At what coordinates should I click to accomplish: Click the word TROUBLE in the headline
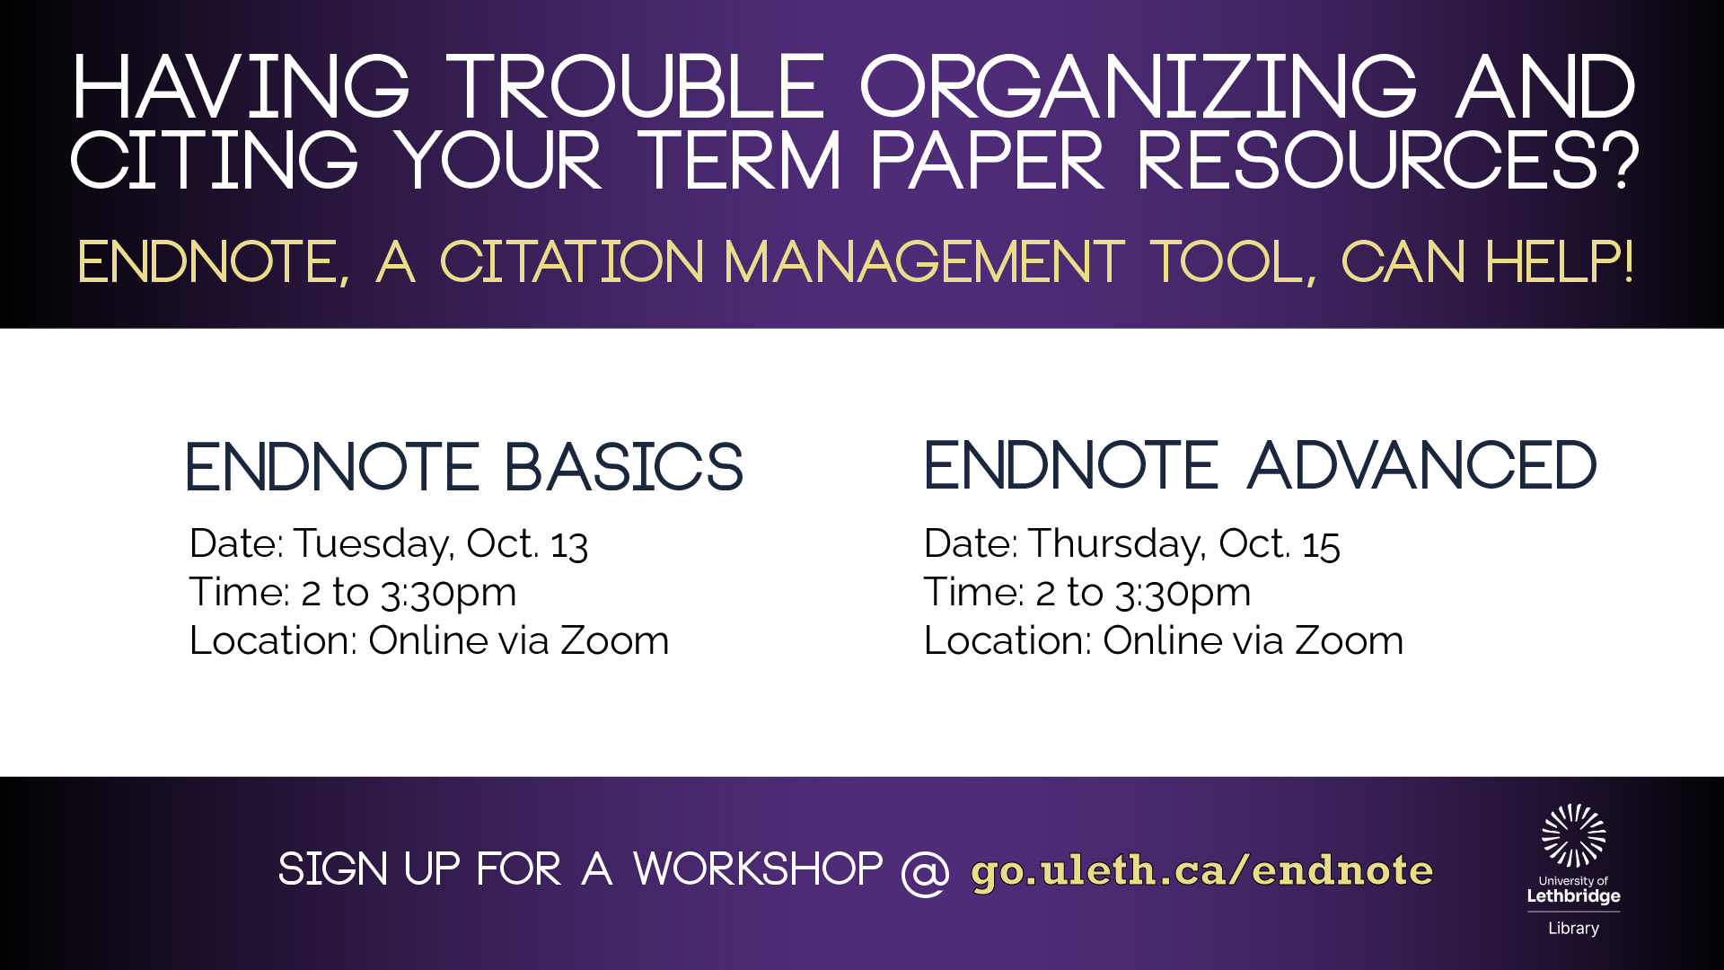636,86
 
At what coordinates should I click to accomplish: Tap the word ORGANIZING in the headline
1139,86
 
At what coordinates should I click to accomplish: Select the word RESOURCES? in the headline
1389,160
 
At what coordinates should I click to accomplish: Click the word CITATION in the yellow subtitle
572,262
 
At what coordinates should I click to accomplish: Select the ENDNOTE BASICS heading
464,467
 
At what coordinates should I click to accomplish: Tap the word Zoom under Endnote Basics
615,641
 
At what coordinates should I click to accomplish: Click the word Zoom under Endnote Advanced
1350,641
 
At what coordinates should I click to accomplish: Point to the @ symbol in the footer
926,872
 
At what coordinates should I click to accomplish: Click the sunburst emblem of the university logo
1574,835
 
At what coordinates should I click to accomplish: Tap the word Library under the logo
1574,929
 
